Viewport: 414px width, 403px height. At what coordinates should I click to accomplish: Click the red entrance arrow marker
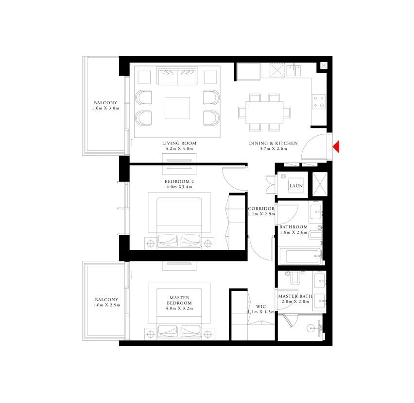pyautogui.click(x=336, y=146)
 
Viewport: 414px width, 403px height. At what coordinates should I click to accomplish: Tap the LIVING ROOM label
pyautogui.click(x=179, y=143)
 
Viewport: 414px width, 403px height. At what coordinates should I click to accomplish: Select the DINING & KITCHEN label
pyautogui.click(x=273, y=143)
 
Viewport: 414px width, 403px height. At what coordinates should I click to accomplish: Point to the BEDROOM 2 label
pyautogui.click(x=179, y=181)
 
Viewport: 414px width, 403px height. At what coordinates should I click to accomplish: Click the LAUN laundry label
pyautogui.click(x=296, y=186)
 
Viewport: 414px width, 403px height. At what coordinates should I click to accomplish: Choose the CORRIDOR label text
pyautogui.click(x=261, y=209)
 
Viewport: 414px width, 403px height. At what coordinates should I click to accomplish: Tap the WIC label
pyautogui.click(x=261, y=306)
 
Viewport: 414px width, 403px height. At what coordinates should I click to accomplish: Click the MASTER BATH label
pyautogui.click(x=295, y=296)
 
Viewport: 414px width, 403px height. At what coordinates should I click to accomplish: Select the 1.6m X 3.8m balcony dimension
pyautogui.click(x=105, y=108)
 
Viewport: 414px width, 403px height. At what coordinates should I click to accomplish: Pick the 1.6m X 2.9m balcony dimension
pyautogui.click(x=106, y=305)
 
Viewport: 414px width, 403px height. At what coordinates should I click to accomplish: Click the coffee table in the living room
pyautogui.click(x=177, y=108)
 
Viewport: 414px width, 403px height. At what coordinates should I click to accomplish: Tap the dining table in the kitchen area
pyautogui.click(x=264, y=113)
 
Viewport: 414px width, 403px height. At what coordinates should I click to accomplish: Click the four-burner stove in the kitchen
pyautogui.click(x=318, y=102)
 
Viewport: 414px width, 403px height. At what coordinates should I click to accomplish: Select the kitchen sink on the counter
pyautogui.click(x=293, y=70)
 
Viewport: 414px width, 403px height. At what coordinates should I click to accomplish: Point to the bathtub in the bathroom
pyautogui.click(x=300, y=256)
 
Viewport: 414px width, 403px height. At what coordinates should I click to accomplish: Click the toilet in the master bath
pyautogui.click(x=295, y=278)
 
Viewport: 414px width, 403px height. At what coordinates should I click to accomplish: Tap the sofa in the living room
pyautogui.click(x=177, y=76)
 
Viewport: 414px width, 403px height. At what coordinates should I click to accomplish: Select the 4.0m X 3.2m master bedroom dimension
pyautogui.click(x=179, y=308)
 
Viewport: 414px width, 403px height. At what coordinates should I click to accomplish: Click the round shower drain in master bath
pyautogui.click(x=311, y=328)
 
